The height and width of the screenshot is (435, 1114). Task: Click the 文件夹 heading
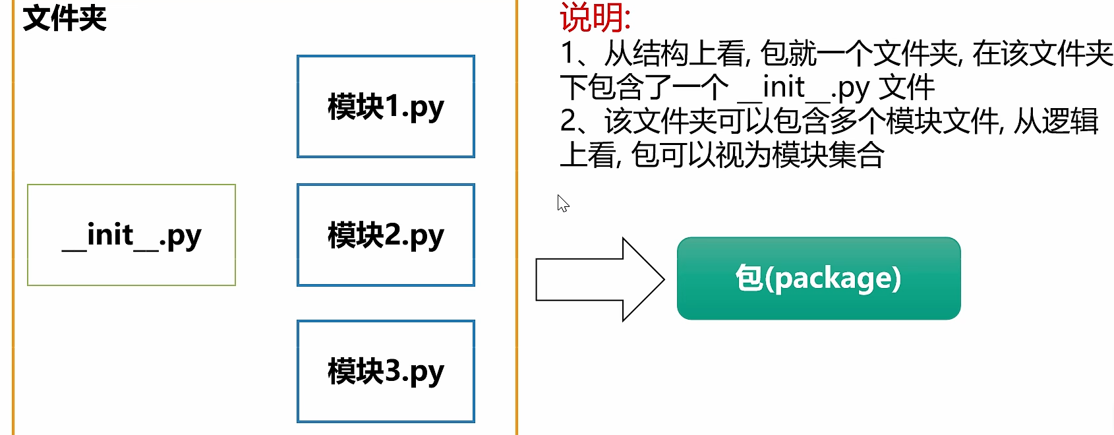point(65,18)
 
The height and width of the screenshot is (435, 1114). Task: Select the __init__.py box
point(131,235)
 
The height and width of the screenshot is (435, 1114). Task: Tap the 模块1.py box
point(386,106)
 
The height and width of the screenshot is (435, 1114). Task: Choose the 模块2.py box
point(386,235)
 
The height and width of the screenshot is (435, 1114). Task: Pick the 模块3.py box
point(386,371)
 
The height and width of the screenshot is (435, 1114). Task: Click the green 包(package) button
point(818,278)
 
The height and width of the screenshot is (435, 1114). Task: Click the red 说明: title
point(595,17)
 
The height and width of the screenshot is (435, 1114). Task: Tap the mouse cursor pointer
point(562,202)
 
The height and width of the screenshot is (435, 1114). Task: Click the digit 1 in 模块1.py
point(392,106)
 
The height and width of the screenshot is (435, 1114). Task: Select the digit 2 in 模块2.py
point(392,235)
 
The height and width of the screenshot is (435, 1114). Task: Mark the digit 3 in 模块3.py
point(392,371)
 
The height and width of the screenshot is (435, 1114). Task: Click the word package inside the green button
point(834,279)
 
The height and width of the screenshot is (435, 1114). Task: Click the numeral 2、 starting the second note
point(575,121)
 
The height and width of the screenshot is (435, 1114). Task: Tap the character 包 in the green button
point(749,278)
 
